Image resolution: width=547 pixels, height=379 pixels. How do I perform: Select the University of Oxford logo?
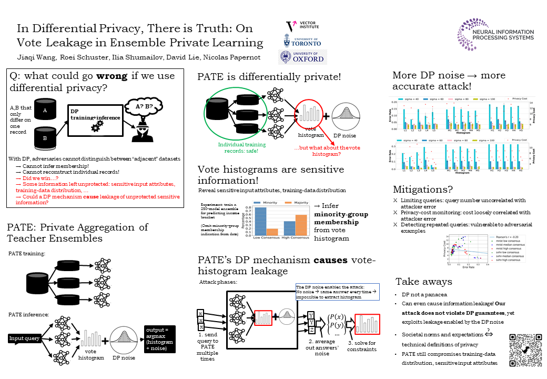tap(302, 57)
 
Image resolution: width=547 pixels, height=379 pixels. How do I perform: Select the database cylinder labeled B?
tap(45, 138)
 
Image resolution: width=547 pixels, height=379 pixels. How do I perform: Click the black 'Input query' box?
tap(25, 338)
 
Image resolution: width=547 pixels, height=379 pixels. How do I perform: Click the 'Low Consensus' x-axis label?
tap(266, 238)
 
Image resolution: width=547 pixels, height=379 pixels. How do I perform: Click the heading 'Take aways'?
tap(423, 282)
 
